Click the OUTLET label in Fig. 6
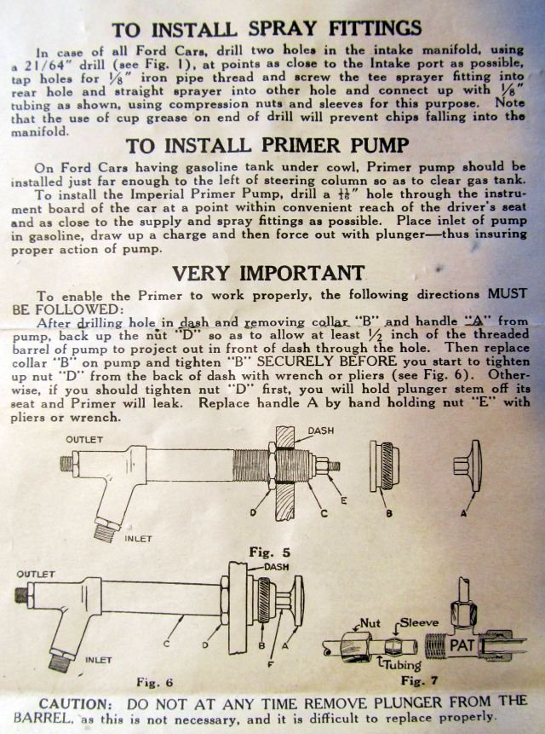pyautogui.click(x=35, y=573)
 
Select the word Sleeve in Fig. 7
pyautogui.click(x=421, y=623)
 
